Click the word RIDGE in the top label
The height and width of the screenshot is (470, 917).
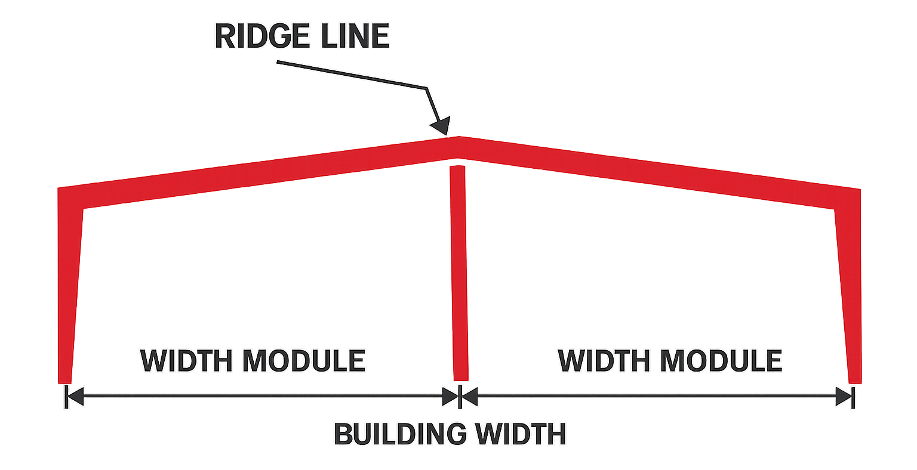(262, 36)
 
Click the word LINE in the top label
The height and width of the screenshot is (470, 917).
(355, 36)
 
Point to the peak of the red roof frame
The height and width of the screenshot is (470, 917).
(458, 137)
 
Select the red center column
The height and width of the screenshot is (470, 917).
(458, 273)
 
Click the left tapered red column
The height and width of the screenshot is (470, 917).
(70, 286)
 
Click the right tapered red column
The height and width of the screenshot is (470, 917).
(848, 286)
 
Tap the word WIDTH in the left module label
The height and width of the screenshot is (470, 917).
(186, 360)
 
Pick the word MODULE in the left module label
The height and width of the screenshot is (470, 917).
(304, 360)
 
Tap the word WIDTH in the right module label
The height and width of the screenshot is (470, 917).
(604, 360)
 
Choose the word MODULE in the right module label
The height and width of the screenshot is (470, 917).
(721, 360)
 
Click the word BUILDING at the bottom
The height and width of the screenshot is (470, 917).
(400, 434)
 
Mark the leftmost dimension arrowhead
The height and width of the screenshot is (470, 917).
(75, 397)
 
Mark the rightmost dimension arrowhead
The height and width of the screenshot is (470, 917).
(844, 397)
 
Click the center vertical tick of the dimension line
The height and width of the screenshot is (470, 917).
(460, 397)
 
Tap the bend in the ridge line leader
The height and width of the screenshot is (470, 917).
(427, 88)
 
